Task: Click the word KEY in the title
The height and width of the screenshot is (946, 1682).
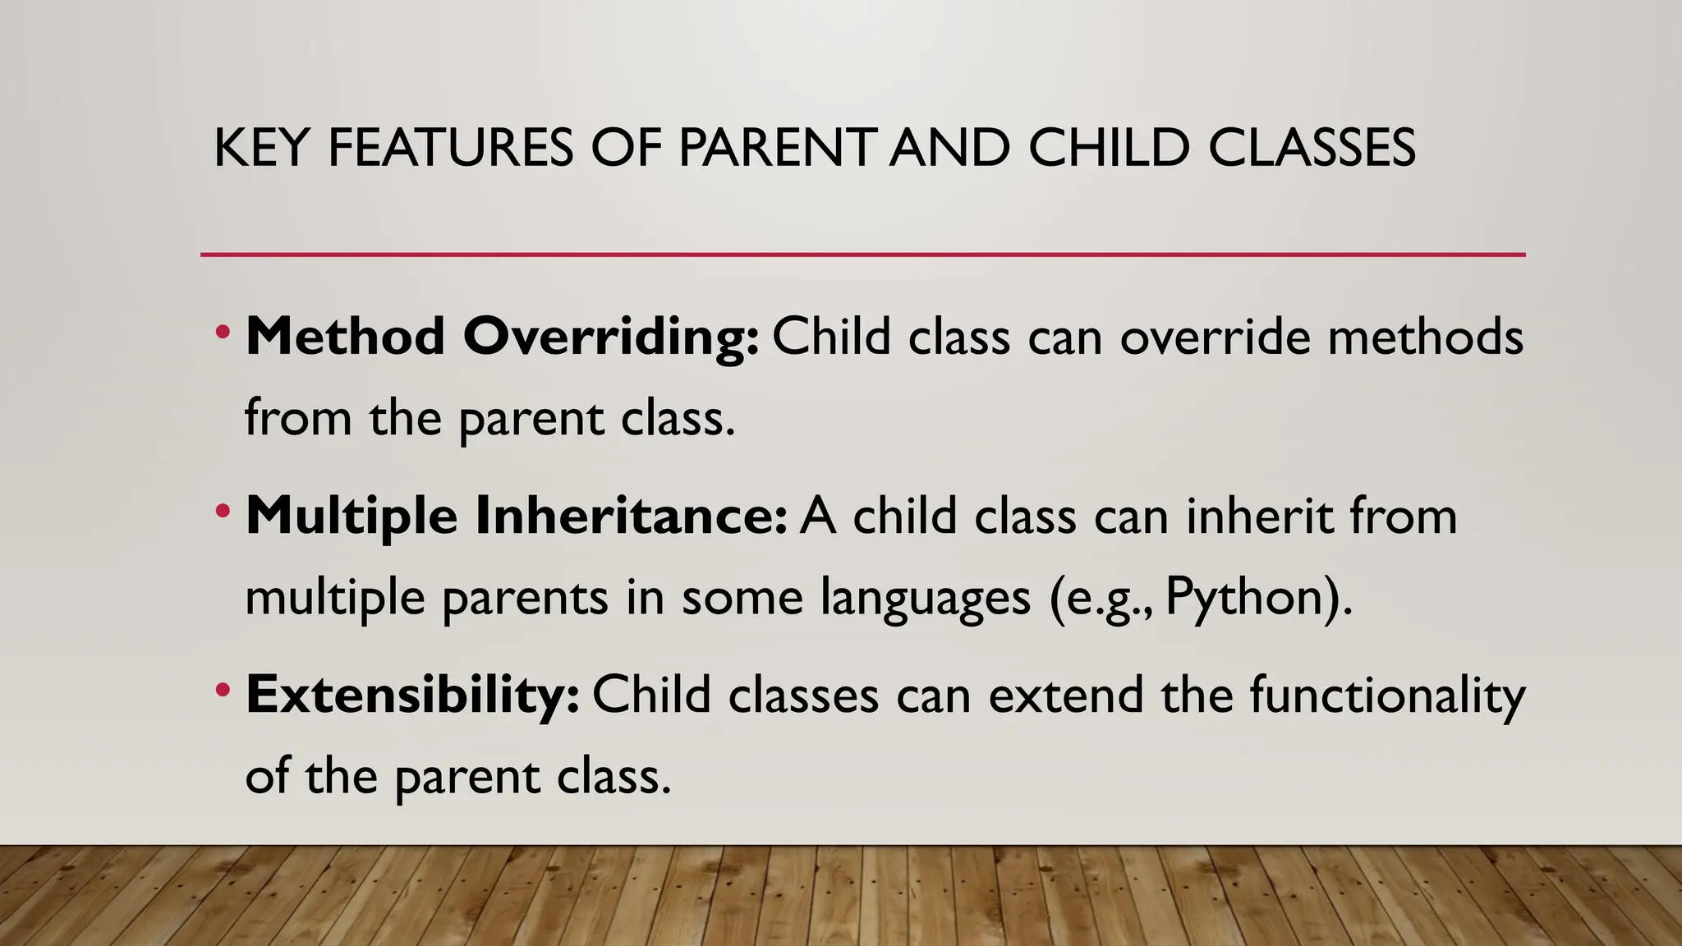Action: click(x=260, y=149)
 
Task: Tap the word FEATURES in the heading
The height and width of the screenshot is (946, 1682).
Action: click(x=450, y=149)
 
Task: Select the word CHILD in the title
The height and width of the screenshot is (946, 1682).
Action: click(x=1108, y=149)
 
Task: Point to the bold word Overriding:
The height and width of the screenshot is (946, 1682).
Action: click(x=611, y=337)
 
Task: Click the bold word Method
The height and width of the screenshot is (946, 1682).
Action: click(x=345, y=337)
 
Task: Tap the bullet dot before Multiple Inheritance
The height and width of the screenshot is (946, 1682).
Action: click(x=223, y=512)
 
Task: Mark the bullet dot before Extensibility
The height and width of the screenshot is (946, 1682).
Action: click(x=223, y=691)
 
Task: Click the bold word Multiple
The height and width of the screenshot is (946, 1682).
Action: click(x=352, y=517)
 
